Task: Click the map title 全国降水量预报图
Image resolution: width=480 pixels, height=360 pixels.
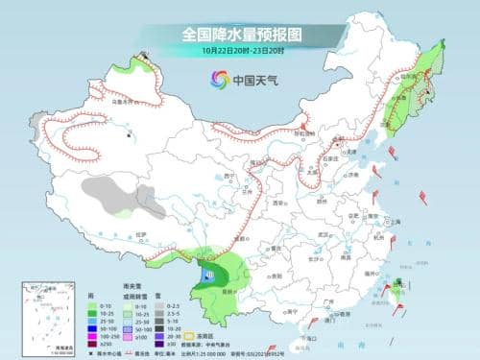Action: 239,34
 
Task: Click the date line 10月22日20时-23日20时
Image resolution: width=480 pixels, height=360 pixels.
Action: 239,50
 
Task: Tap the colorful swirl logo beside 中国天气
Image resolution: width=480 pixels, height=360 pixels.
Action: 213,80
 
